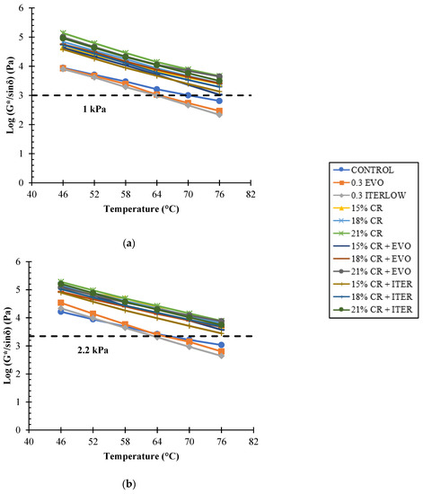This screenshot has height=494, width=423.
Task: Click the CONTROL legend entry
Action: pos(364,170)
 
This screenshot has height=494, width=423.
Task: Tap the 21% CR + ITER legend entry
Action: pos(373,310)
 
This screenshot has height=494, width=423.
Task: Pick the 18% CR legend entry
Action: pos(358,221)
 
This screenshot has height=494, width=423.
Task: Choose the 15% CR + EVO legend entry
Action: pos(373,246)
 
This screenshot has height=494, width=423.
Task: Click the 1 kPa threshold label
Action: pos(94,110)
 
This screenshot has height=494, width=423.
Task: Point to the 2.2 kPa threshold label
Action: pos(93,350)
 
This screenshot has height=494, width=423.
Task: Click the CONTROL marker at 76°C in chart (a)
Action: pos(219,101)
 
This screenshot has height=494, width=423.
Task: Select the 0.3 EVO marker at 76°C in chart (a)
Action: pos(219,110)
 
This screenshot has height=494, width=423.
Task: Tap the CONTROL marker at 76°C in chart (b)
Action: pos(222,345)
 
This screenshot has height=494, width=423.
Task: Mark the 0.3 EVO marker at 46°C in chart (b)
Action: pos(61,303)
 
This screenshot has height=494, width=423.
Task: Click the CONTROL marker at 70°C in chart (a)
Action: pos(188,95)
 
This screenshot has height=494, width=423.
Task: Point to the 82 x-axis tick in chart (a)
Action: pos(251,195)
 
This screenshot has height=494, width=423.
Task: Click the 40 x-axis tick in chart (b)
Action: pos(29,442)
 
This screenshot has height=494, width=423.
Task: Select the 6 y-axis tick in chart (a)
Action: pos(21,8)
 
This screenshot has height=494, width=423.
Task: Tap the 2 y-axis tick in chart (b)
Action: pos(18,374)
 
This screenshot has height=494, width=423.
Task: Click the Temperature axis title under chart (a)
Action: pos(141,209)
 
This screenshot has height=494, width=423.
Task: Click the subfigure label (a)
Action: pos(128,243)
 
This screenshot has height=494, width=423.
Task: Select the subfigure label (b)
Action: pos(128,484)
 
